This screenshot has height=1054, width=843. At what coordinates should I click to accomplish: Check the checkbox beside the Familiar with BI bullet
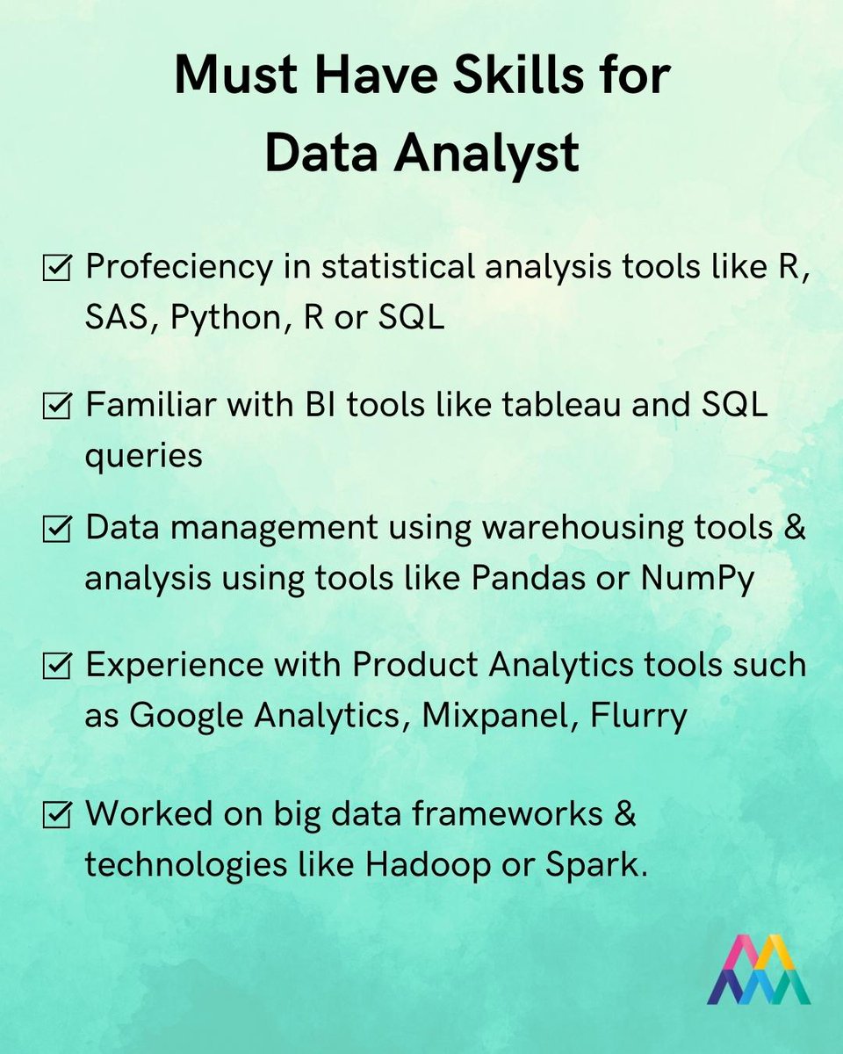coord(57,408)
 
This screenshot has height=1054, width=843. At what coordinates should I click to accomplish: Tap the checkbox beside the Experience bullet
coord(57,668)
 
